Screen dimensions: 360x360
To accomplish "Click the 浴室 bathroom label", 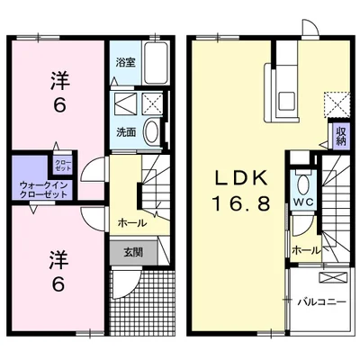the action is click(126, 63).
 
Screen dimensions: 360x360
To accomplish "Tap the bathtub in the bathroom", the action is click(155, 63).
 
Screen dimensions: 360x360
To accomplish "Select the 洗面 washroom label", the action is click(126, 132).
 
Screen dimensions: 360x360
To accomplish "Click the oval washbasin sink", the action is click(152, 131).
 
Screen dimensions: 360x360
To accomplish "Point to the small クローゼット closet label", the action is click(63, 166).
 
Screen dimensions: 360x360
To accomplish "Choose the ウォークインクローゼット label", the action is click(43, 190).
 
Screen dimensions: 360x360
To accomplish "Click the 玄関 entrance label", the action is click(133, 252).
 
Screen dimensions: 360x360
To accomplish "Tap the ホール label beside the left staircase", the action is click(132, 223).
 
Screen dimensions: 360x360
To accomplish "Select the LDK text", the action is click(240, 177).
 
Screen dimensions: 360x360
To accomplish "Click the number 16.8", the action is click(242, 202).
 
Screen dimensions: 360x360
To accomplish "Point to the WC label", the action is click(303, 202).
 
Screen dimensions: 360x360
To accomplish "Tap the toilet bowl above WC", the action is click(303, 184).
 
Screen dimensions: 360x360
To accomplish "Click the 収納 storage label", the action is click(342, 136).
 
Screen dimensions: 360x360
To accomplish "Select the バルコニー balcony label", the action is click(322, 301).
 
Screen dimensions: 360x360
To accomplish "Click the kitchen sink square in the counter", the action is click(287, 101).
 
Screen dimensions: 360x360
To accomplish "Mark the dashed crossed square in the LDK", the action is click(337, 104).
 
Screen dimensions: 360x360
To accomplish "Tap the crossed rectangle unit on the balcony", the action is click(333, 277).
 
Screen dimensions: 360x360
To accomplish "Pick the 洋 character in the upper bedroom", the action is click(59, 80).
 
